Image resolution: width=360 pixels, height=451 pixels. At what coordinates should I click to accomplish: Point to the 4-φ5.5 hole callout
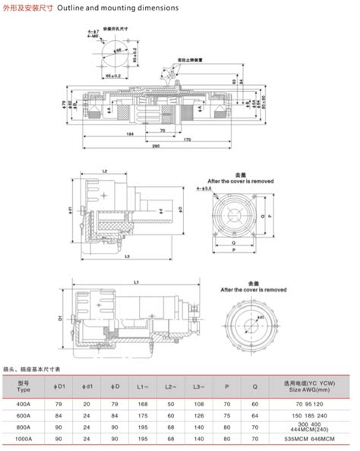(204, 187)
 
